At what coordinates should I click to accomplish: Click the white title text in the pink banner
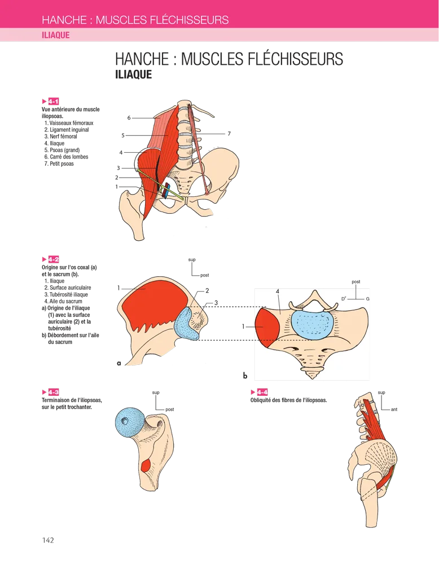(135, 20)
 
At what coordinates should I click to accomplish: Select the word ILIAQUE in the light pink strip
(56, 35)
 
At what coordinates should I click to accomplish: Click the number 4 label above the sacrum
(278, 292)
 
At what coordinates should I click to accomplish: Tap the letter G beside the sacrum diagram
(368, 297)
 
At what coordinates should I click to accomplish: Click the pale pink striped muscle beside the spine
(167, 133)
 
